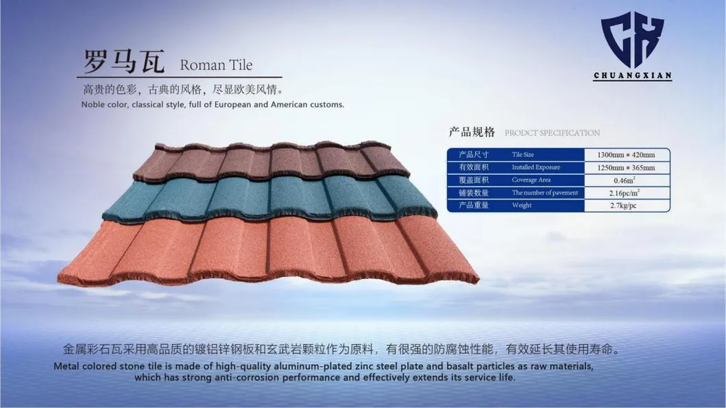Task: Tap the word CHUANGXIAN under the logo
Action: [633, 75]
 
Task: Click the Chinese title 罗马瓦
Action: [124, 61]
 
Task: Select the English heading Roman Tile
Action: [216, 65]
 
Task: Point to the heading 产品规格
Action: [472, 132]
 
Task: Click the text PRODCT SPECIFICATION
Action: [552, 133]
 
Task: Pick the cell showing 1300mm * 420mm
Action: [626, 155]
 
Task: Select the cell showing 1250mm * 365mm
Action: [626, 167]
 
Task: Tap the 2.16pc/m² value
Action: [625, 193]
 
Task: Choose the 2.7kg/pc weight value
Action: [623, 205]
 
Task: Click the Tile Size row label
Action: [523, 155]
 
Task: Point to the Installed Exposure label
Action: [535, 167]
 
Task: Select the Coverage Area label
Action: [531, 180]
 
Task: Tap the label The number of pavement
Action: [545, 193]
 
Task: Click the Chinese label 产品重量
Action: [474, 205]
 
